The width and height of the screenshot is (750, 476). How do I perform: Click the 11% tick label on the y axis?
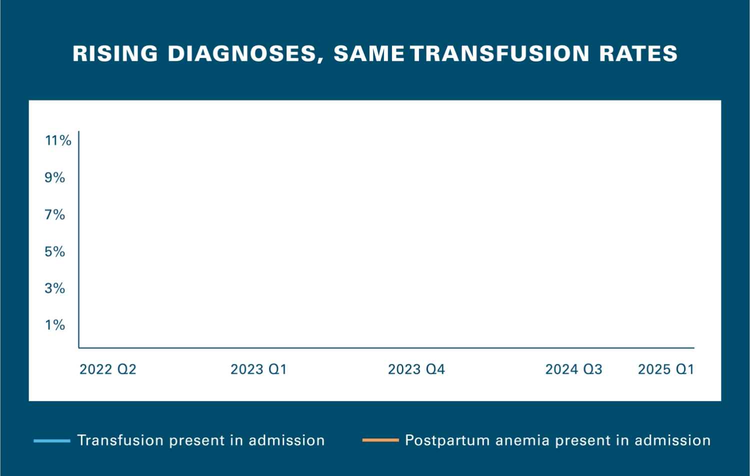[58, 140]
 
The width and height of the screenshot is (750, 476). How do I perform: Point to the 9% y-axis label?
[54, 177]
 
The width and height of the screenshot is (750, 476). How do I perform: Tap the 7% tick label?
[54, 214]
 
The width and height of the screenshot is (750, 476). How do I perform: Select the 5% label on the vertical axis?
[54, 251]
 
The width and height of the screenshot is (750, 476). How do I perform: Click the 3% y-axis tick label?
[54, 288]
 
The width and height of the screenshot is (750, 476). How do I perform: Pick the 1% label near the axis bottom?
[54, 325]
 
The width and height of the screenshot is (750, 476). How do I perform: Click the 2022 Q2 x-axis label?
[107, 369]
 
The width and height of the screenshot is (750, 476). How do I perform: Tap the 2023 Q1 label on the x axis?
[258, 369]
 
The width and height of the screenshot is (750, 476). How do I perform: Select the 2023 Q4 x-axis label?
[416, 369]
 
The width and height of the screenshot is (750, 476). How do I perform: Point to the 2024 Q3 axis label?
[573, 369]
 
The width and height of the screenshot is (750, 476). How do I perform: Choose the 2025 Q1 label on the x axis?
[666, 369]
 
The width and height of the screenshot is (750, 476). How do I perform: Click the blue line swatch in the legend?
[51, 440]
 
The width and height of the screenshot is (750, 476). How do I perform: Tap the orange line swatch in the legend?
[380, 440]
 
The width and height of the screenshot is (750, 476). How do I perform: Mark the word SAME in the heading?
[369, 53]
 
